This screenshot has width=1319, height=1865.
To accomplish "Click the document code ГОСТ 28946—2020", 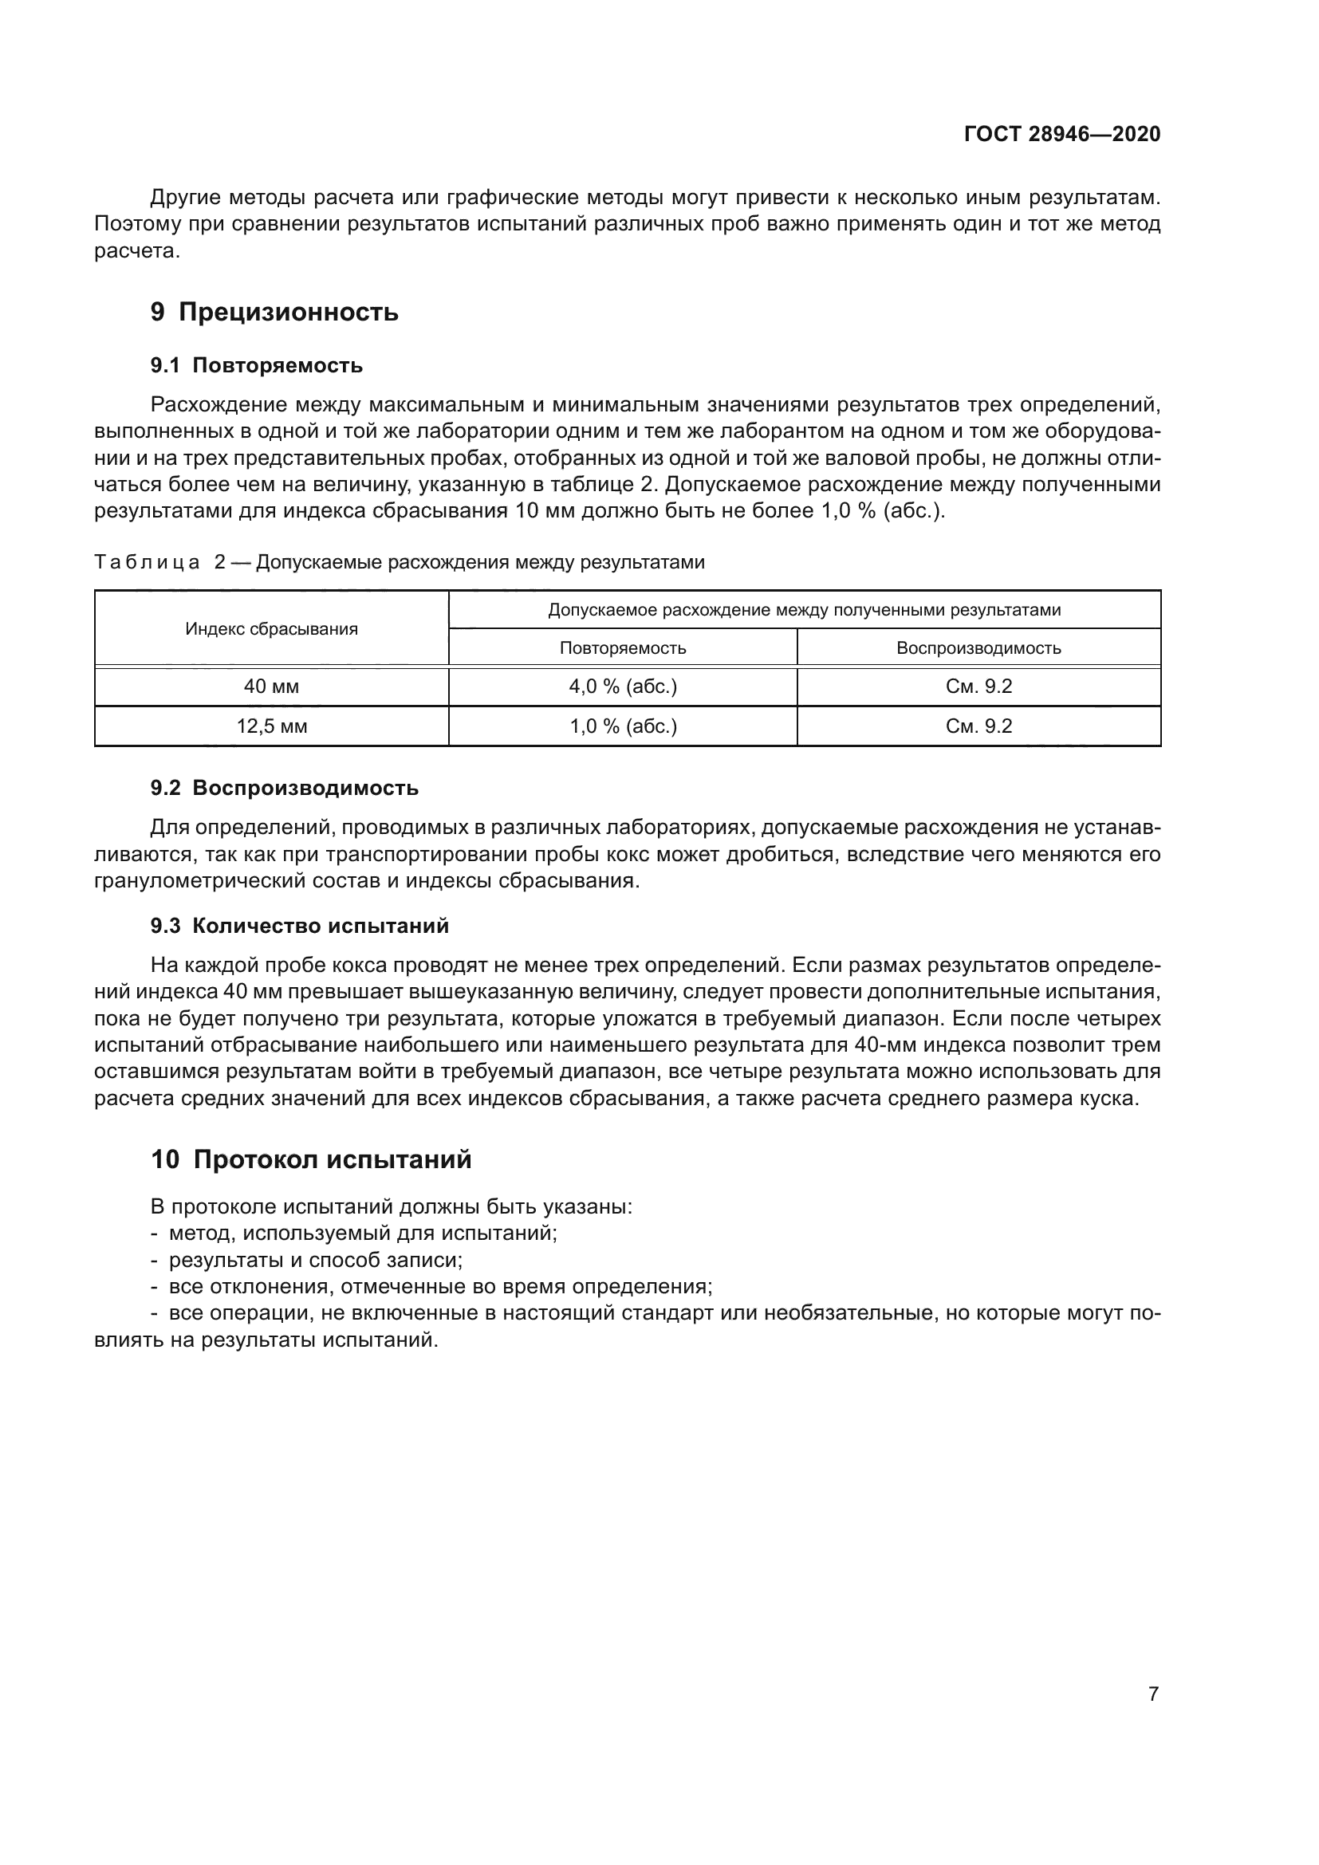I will point(1061,134).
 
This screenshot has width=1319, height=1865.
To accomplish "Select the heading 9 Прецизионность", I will point(274,312).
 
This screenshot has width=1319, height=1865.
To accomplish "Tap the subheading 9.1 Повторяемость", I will point(257,365).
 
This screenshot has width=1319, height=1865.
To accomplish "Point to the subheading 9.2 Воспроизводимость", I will point(284,788).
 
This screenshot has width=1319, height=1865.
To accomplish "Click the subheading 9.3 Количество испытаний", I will point(300,926).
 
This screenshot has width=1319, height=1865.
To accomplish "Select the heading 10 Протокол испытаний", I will point(311,1159).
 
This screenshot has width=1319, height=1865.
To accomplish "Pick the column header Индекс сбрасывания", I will point(271,628).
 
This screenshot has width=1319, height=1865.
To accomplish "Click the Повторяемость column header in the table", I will point(623,648).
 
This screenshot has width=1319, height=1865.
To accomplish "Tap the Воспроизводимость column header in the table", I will point(978,648).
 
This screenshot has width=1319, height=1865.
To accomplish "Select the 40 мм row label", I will point(271,687).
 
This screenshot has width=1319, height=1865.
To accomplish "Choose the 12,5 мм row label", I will point(271,726).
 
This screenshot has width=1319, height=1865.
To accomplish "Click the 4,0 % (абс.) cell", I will point(623,687).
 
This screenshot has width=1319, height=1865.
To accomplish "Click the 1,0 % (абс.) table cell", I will point(623,726).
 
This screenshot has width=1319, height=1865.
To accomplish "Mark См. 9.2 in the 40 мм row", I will point(978,687).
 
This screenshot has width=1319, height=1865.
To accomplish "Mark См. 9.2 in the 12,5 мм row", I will point(978,726).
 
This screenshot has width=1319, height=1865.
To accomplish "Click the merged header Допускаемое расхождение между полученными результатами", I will point(804,610).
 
